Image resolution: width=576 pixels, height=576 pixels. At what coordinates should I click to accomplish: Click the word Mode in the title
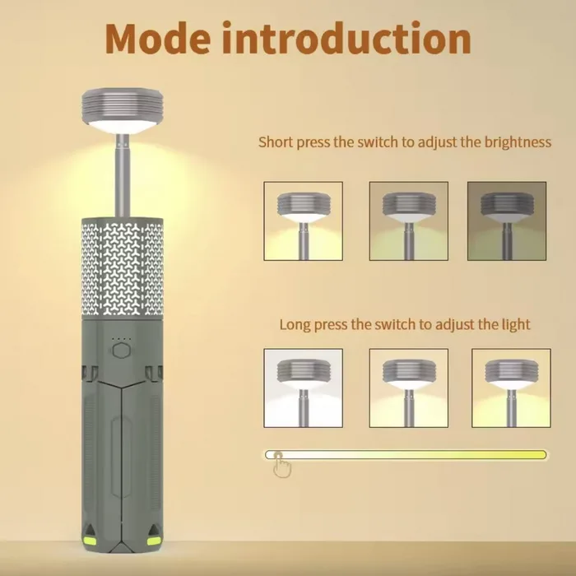click(158, 39)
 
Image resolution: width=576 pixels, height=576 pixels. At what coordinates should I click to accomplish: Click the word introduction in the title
click(346, 38)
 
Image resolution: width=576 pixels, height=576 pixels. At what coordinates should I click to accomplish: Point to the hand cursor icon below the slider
click(282, 465)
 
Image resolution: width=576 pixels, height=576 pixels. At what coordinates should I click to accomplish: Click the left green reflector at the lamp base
click(91, 541)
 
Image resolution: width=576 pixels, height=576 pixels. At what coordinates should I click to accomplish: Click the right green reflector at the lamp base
click(154, 541)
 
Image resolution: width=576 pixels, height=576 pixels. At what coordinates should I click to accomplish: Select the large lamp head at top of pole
click(123, 110)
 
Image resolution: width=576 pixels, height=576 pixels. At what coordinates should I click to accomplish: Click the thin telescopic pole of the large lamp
click(123, 175)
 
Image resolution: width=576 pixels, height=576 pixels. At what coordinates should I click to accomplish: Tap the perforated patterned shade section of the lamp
click(123, 267)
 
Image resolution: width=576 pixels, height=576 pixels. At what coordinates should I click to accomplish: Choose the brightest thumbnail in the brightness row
click(303, 221)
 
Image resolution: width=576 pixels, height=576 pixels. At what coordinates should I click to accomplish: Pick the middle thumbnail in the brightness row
click(408, 221)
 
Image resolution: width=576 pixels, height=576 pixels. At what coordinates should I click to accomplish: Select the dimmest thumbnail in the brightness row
click(507, 221)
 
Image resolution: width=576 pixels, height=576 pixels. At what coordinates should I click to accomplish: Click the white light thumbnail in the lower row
click(303, 388)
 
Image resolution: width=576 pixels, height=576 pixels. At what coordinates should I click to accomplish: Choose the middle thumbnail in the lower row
click(408, 388)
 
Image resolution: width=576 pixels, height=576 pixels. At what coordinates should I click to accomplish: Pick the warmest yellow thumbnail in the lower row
click(511, 388)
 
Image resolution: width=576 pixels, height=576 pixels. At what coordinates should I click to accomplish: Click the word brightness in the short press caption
click(518, 142)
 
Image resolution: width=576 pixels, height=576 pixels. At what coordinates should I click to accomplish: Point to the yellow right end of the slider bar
click(542, 455)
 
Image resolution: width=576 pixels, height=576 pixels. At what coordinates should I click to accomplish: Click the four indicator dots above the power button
click(121, 339)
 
